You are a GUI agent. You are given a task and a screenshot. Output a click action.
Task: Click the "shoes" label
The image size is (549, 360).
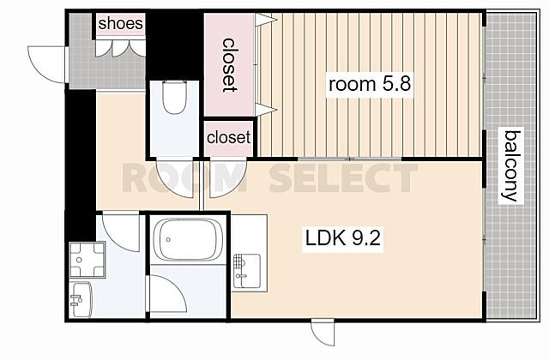coord(120,24)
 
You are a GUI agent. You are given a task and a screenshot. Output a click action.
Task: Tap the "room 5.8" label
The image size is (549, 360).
coord(370,84)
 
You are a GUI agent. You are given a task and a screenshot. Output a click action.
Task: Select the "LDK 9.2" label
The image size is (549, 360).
coord(343,239)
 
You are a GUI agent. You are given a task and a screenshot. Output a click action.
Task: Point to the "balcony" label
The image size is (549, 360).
coord(511,165)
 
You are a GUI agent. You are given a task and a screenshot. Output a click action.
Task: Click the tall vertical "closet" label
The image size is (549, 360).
coord(229,65)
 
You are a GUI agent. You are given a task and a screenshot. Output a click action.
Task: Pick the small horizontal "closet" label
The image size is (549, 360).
coord(229,137)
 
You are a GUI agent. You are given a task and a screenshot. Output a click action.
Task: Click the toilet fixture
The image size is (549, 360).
coord(174,97)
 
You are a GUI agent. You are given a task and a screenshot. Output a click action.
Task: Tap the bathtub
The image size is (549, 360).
coord(188,240)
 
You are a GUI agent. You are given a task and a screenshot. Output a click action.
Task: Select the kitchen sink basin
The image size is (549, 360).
coord(247,271)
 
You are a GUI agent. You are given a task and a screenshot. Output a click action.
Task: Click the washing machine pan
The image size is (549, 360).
coord(87,259)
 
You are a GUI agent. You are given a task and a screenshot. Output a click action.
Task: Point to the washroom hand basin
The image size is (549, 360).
coord(81,299)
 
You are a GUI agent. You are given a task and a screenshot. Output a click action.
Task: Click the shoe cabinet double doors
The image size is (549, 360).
coord(120,48)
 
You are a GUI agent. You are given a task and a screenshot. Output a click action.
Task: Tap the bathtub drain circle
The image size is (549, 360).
coord(168,240)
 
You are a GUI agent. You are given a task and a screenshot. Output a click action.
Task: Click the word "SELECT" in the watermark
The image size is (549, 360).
coord(343,178)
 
